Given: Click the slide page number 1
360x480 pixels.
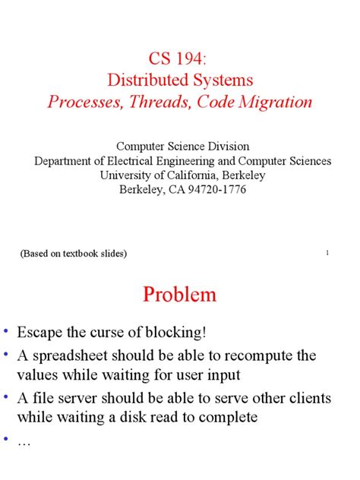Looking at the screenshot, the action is [326, 253].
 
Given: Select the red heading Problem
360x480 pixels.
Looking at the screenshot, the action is [180, 295].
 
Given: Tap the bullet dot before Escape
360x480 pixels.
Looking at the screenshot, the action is [6, 333].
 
